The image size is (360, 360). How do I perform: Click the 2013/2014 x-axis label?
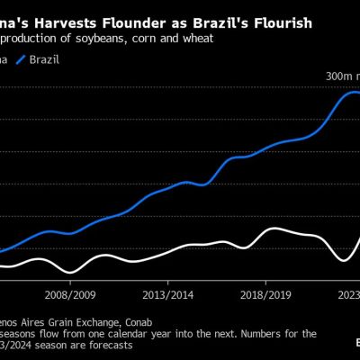point(169,294)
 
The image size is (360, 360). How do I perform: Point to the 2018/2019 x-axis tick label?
point(264,294)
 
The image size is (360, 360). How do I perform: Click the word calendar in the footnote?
point(159,333)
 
